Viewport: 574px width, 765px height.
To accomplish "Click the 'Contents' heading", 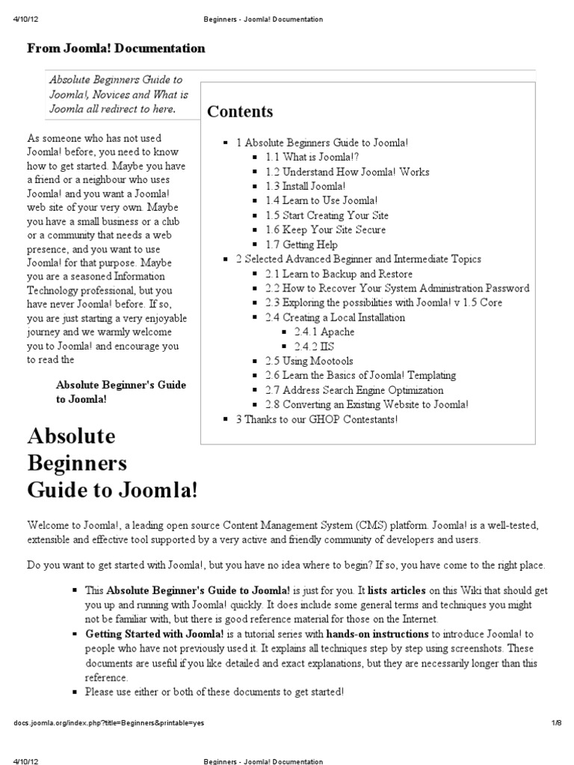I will (x=240, y=112).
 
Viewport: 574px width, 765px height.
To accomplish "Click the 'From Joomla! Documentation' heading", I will (x=116, y=49).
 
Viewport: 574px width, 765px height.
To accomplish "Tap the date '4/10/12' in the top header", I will (x=26, y=19).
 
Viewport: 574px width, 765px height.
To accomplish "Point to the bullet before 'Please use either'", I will (x=76, y=693).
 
